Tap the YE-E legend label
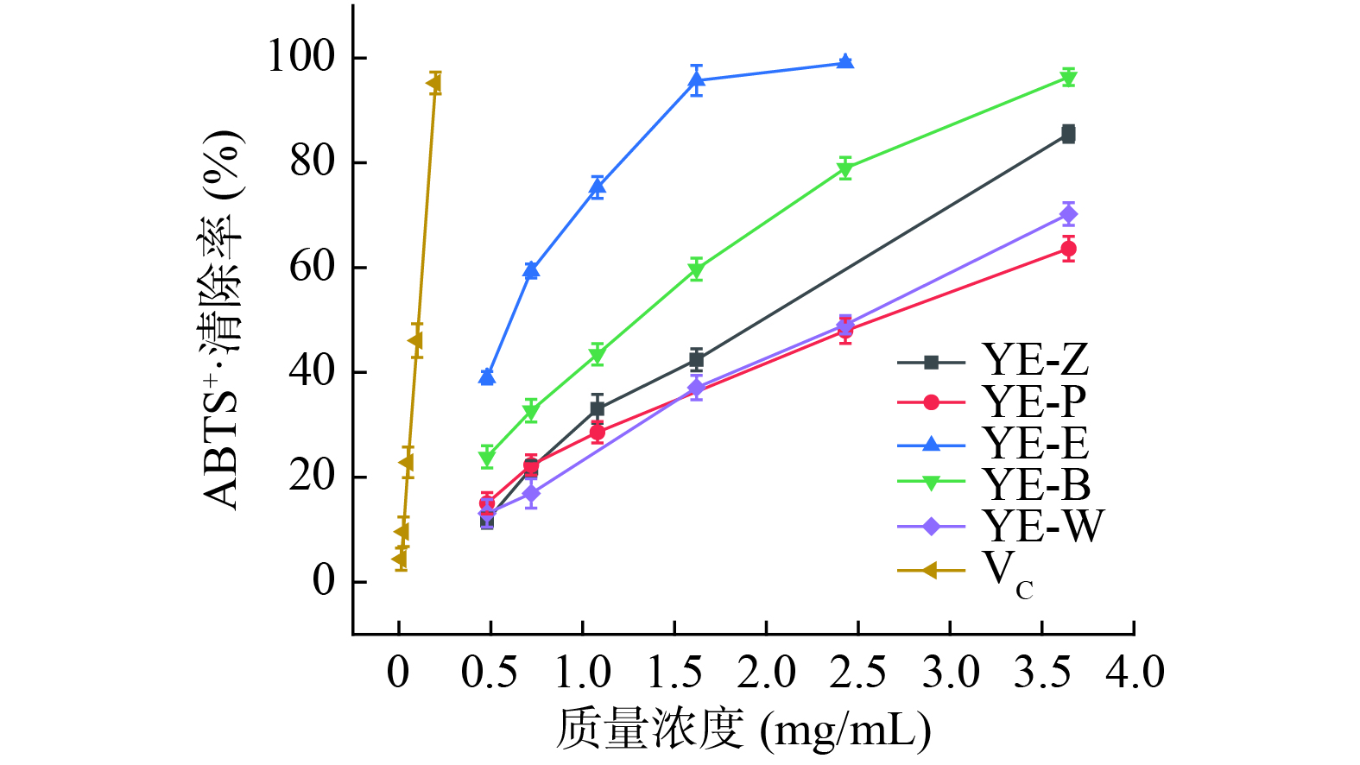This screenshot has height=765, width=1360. pos(1035,444)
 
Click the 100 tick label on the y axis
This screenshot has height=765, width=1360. pos(300,57)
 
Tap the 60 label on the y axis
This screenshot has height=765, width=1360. pos(311,267)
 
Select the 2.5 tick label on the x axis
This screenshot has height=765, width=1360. pos(857,673)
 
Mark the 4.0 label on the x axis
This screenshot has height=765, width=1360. pos(1135,673)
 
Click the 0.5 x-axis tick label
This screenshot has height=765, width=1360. pos(490,673)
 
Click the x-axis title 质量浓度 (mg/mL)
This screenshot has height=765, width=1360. pos(743,730)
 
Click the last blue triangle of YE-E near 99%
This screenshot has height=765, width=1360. pos(845,61)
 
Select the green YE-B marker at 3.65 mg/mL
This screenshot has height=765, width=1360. pos(1068,79)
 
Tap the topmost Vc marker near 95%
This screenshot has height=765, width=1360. pos(433,84)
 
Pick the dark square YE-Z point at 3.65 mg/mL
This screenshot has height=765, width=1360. pos(1068,134)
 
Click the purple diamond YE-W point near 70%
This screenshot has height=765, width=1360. pos(1068,214)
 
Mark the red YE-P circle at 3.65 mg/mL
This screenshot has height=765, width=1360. pos(1068,249)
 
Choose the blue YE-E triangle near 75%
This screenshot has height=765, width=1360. pos(597,187)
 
